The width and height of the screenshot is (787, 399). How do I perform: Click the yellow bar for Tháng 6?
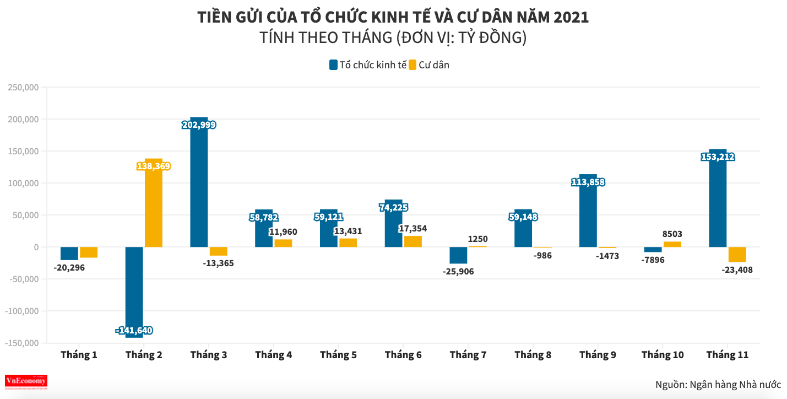(x=413, y=241)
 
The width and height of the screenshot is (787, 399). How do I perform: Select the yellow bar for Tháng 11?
(x=737, y=255)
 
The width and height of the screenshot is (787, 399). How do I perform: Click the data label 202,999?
(x=199, y=125)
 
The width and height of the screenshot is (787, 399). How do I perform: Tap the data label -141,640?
(x=134, y=331)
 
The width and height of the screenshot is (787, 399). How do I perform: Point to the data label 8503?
(x=672, y=234)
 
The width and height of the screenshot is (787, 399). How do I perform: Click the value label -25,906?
(x=458, y=271)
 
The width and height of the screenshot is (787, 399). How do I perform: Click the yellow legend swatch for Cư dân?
(x=413, y=65)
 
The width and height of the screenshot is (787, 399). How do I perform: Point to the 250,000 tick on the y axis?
(x=23, y=88)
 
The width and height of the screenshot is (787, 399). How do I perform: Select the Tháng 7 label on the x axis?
(x=468, y=355)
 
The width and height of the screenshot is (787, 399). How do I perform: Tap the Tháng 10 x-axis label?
(x=663, y=355)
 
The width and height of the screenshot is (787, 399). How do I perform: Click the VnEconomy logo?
(x=26, y=381)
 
